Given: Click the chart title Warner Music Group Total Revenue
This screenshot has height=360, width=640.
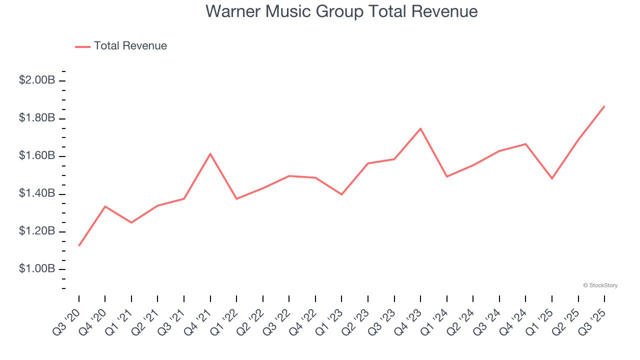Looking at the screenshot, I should point(341,11).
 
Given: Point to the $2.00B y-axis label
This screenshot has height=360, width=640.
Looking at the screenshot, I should point(37,80).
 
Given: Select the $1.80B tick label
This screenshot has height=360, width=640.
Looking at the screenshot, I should point(37,118).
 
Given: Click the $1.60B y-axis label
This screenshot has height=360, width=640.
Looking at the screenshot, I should point(37,156).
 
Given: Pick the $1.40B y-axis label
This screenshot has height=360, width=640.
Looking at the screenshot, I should point(37,193).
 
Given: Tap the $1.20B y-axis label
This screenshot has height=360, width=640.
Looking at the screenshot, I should point(37,231).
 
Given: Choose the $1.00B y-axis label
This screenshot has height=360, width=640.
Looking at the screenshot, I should point(37,269).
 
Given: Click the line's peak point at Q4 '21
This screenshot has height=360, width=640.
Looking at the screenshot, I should point(210,153).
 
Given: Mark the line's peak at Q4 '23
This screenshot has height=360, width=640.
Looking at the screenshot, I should point(420,128).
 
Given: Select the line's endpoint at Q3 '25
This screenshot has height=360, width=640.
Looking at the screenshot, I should point(604,106).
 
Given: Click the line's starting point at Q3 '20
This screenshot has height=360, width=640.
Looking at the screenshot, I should point(79,245).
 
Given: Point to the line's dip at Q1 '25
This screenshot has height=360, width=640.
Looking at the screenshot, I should point(552,178).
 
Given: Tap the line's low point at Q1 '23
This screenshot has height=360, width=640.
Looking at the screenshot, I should point(341,194).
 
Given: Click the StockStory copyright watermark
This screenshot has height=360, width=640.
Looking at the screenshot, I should point(600,285).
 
